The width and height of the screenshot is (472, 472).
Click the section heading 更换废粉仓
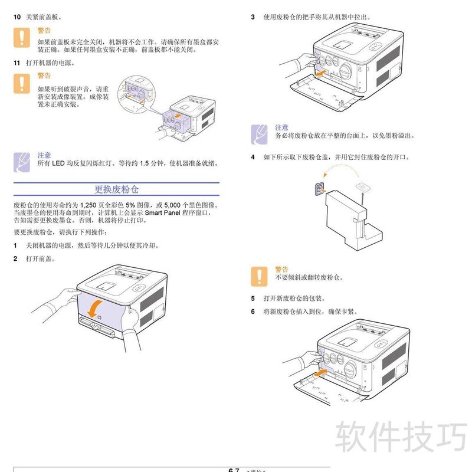point(117,189)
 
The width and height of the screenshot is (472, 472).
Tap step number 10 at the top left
point(17,18)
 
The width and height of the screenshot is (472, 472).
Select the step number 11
point(17,62)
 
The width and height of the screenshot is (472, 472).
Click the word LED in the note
point(57,163)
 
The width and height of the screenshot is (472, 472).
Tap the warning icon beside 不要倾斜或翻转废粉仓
point(258,276)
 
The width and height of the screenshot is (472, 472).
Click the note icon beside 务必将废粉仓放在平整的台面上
point(258,134)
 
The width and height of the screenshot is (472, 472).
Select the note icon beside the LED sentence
point(21,160)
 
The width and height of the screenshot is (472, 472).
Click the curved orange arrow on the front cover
point(94,307)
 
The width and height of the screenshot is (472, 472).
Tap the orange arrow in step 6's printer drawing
point(319,372)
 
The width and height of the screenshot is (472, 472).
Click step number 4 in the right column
point(253,157)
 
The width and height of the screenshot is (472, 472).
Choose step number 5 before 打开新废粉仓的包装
point(253,298)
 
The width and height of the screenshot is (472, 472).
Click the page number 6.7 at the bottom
point(233,470)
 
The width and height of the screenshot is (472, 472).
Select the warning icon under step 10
point(22,37)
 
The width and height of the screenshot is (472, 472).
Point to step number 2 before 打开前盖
point(17,258)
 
